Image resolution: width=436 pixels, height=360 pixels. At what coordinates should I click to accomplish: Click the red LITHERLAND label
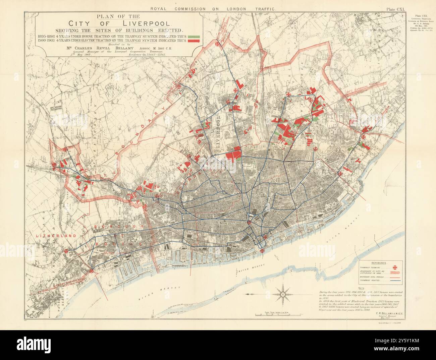49,236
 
